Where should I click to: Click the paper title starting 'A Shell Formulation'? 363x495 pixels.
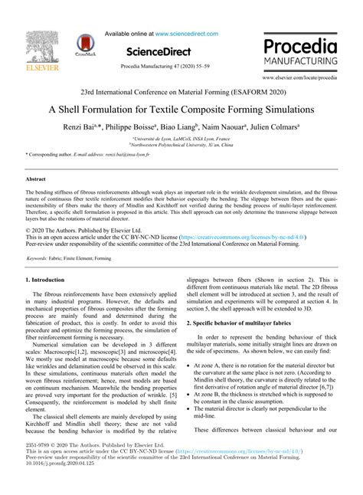coord(181,110)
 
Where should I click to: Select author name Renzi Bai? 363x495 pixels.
coord(81,126)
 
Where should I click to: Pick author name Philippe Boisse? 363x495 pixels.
coord(136,126)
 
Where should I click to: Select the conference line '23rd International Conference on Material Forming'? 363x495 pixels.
coord(181,90)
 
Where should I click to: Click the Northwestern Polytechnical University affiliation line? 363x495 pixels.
coord(181,143)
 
